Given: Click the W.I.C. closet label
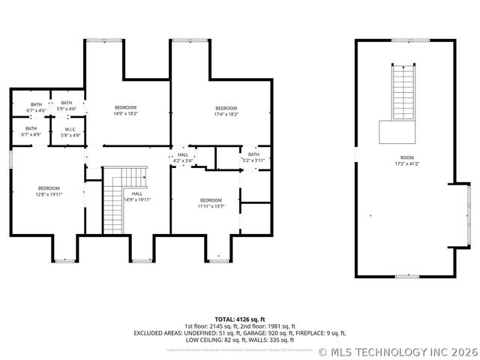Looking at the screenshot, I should click(x=67, y=132).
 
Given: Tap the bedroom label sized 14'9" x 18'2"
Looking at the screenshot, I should click(x=126, y=110).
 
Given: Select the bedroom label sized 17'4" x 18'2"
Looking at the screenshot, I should click(x=226, y=111).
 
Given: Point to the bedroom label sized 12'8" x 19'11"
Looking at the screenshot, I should click(x=49, y=191).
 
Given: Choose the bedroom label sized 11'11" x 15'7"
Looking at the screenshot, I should click(x=211, y=202).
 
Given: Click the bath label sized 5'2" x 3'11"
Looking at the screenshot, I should click(x=253, y=157).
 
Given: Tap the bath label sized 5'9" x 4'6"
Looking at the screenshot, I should click(x=67, y=106).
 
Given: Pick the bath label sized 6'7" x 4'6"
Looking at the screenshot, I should click(x=36, y=107).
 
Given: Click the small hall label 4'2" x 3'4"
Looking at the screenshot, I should click(x=183, y=157).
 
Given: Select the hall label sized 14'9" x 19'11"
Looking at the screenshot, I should click(x=137, y=197).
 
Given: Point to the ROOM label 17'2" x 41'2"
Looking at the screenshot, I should click(x=406, y=160).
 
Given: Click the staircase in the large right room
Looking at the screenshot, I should click(x=403, y=93).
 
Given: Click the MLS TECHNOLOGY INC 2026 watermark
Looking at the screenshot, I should click(x=397, y=351).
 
